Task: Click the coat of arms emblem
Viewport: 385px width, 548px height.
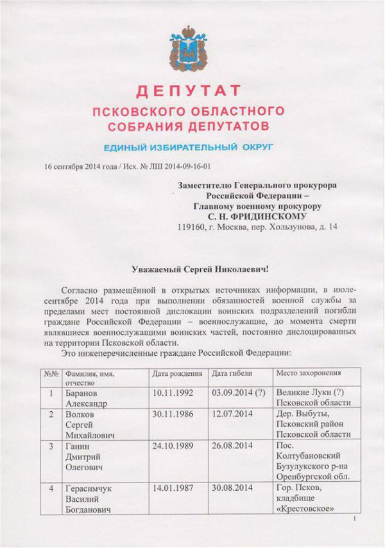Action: [187, 49]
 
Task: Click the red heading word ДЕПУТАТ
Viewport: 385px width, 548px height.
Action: [188, 89]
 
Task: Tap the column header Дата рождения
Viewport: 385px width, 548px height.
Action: [177, 373]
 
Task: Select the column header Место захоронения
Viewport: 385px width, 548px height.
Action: [308, 373]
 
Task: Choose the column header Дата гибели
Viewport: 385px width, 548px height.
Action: [232, 373]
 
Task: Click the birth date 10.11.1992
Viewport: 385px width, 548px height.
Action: [171, 391]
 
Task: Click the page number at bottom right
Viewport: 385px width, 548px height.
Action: [354, 528]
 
